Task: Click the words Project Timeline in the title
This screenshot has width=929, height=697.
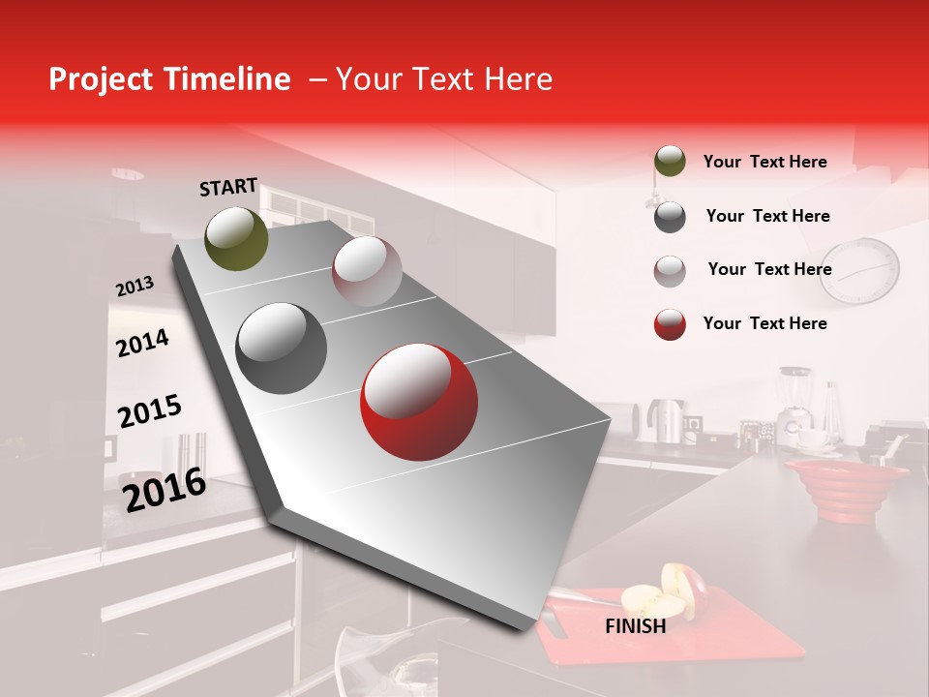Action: [x=169, y=79]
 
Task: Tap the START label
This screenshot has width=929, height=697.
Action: [x=228, y=187]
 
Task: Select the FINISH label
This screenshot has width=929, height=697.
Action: [x=635, y=626]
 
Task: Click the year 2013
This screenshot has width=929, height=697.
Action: [x=135, y=286]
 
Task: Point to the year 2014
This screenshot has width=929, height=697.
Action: [x=142, y=343]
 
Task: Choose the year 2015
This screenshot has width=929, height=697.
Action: [x=149, y=411]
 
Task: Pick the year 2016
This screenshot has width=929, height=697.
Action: [x=165, y=490]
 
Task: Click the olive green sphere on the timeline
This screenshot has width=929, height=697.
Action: [x=236, y=238]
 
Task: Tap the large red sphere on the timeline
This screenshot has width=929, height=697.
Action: [x=418, y=402]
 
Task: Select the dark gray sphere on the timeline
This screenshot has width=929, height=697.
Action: [x=281, y=348]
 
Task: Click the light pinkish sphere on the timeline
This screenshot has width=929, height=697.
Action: [x=367, y=271]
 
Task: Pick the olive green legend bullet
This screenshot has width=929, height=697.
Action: [x=670, y=162]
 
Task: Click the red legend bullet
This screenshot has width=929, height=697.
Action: [x=670, y=324]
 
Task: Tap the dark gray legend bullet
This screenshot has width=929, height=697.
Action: [x=670, y=217]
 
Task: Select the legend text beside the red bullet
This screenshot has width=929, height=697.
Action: [x=764, y=323]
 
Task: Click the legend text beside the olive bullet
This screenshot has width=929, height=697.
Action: [x=764, y=162]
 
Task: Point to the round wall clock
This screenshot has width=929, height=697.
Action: [x=859, y=271]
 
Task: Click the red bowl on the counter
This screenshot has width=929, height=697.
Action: [x=846, y=489]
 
